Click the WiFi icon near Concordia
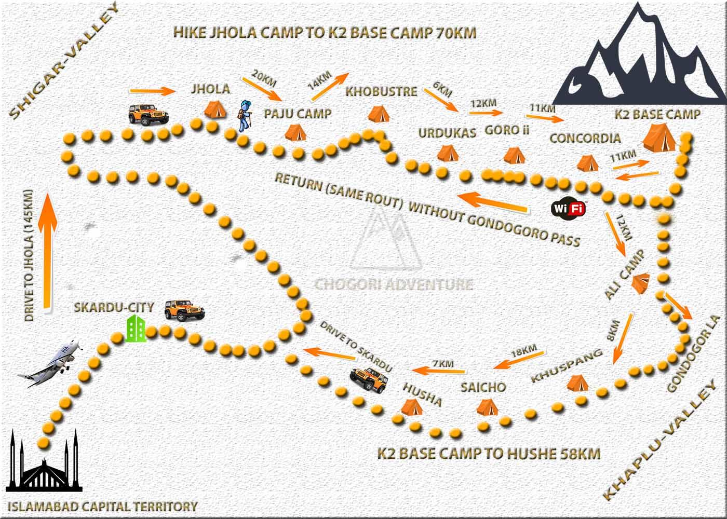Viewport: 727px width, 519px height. pyautogui.click(x=569, y=209)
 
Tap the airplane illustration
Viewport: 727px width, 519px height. pyautogui.click(x=51, y=363)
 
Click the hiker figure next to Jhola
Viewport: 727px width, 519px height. pyautogui.click(x=245, y=115)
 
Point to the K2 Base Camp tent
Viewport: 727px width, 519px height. pyautogui.click(x=659, y=136)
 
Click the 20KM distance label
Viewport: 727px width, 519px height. pyautogui.click(x=264, y=78)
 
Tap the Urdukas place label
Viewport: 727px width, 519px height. pyautogui.click(x=447, y=133)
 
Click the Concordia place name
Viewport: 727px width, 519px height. pyautogui.click(x=585, y=138)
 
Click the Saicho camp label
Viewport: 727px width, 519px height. pyautogui.click(x=483, y=387)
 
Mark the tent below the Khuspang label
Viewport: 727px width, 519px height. pyautogui.click(x=576, y=383)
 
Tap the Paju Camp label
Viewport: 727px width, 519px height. pyautogui.click(x=298, y=114)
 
